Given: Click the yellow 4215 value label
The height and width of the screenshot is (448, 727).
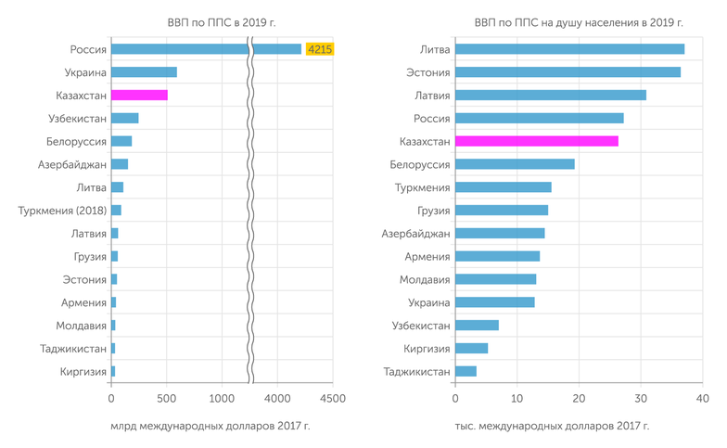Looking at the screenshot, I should pyautogui.click(x=320, y=49).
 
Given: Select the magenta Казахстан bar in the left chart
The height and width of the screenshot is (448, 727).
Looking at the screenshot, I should pyautogui.click(x=139, y=95).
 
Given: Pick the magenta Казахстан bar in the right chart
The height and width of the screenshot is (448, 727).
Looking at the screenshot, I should pyautogui.click(x=537, y=141).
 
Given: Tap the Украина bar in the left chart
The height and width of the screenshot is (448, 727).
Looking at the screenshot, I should pyautogui.click(x=144, y=72).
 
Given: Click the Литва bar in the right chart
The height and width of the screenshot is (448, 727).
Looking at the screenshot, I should pyautogui.click(x=569, y=49).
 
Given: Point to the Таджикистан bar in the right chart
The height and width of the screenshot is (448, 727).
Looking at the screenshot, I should pyautogui.click(x=466, y=371).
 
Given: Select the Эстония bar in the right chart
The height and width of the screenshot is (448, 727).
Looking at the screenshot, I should pyautogui.click(x=568, y=72).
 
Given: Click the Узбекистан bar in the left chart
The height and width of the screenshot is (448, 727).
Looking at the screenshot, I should pyautogui.click(x=124, y=118).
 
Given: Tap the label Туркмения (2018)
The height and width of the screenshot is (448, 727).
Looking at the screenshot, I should pyautogui.click(x=62, y=211).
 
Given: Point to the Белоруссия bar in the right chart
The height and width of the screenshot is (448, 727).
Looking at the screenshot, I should pyautogui.click(x=515, y=164).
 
